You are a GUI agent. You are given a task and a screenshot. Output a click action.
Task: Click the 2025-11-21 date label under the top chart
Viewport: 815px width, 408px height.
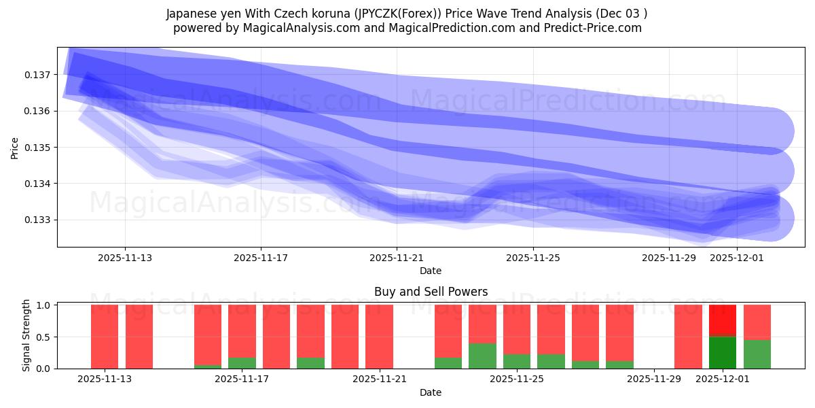click(397, 258)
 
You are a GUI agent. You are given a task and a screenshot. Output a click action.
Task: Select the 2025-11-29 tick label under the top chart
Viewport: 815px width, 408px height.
click(669, 258)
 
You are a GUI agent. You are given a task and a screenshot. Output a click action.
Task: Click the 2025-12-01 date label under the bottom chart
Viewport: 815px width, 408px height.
click(723, 379)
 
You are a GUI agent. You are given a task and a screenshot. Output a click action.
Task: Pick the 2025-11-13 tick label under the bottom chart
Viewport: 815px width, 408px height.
click(105, 379)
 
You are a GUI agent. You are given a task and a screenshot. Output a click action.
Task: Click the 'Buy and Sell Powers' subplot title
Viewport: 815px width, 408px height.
click(431, 292)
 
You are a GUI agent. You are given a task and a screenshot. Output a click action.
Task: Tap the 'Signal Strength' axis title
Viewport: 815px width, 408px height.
click(26, 335)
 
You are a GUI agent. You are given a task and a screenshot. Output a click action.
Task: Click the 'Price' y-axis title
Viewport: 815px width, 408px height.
click(15, 147)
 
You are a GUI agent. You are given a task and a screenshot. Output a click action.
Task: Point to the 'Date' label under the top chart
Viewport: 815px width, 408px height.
click(431, 271)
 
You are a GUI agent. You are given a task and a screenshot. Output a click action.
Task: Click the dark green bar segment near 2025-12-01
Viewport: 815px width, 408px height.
click(723, 352)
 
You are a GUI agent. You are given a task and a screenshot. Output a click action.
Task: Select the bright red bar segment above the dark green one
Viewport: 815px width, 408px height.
click(723, 320)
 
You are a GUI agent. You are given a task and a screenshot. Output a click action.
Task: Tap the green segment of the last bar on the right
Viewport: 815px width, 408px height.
click(757, 354)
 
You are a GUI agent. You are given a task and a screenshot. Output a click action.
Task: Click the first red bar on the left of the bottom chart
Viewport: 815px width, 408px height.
click(105, 337)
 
